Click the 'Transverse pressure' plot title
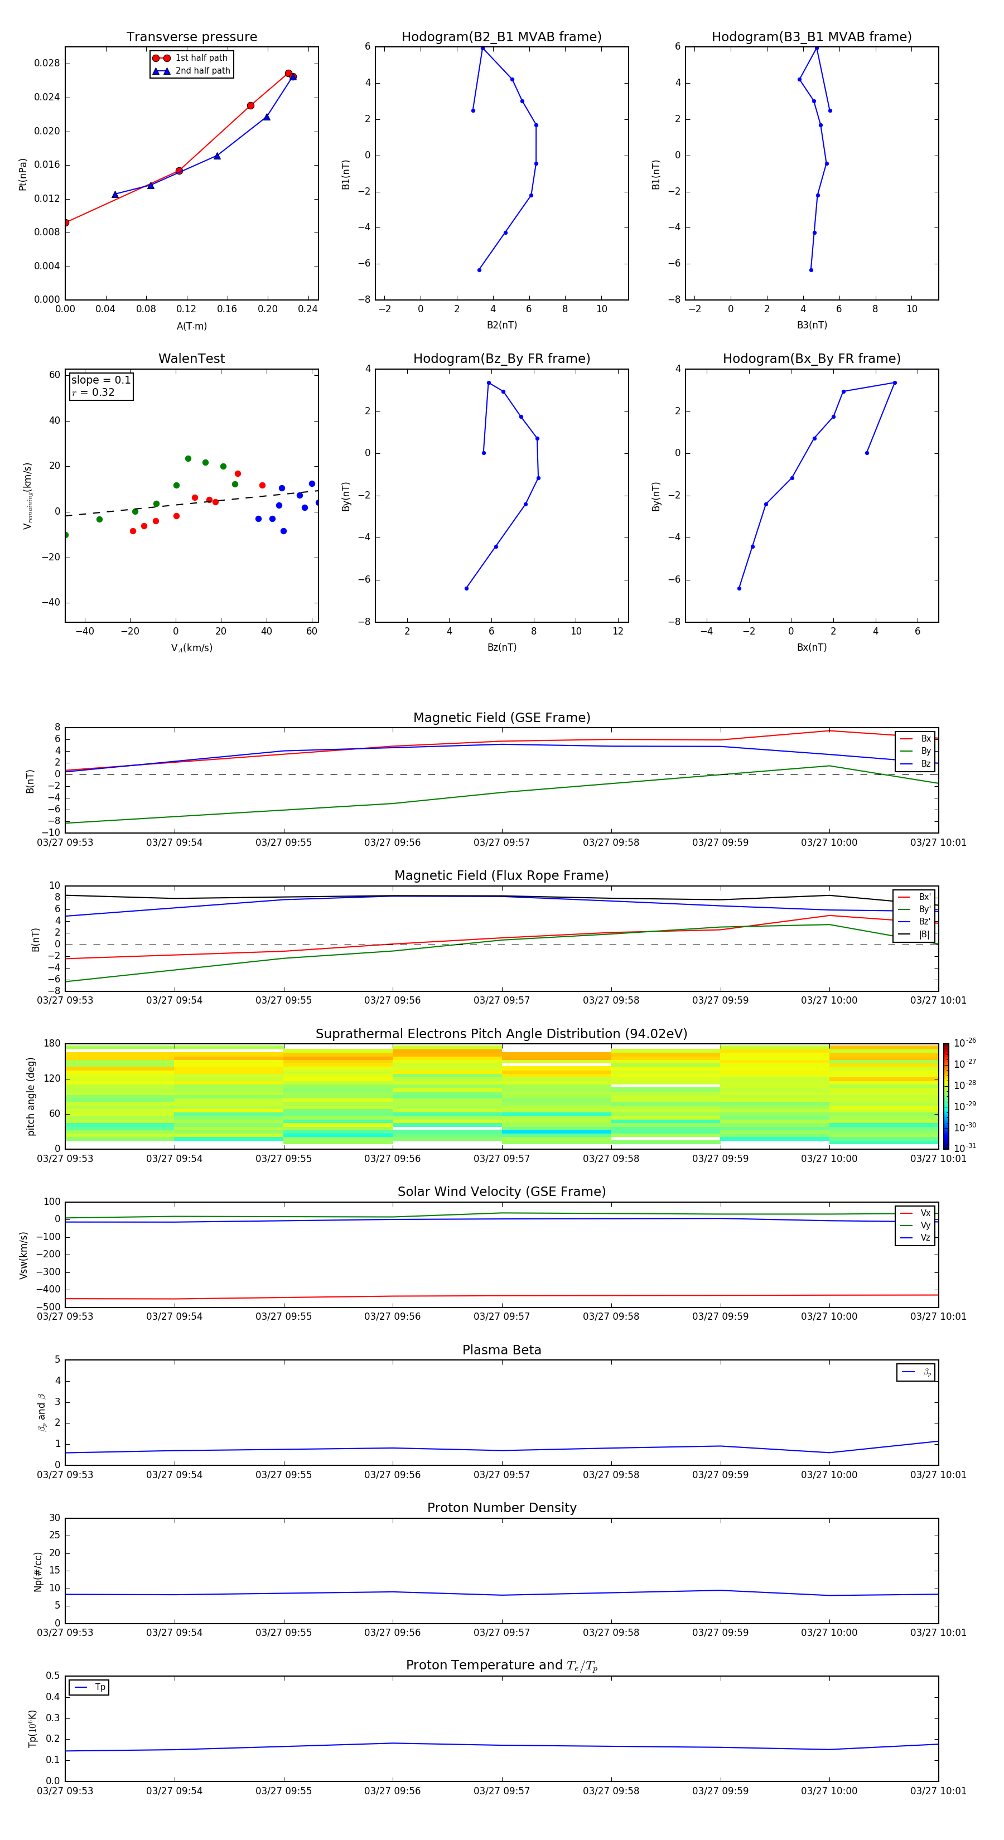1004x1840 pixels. click(x=191, y=37)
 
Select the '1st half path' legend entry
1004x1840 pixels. click(x=201, y=58)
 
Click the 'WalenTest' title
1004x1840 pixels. click(x=191, y=359)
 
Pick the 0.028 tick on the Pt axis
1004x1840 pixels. click(x=47, y=64)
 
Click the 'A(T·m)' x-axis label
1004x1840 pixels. click(x=191, y=326)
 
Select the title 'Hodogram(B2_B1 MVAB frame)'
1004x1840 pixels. click(x=501, y=37)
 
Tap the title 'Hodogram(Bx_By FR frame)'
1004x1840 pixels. click(x=811, y=359)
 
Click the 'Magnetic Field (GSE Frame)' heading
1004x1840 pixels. click(x=501, y=718)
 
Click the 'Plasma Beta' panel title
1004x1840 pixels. click(x=501, y=1350)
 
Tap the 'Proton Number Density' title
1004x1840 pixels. click(x=501, y=1508)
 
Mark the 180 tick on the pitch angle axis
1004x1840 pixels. click(x=52, y=1044)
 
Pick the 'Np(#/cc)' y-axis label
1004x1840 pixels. click(x=38, y=1571)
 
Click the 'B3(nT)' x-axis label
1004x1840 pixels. click(x=812, y=325)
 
